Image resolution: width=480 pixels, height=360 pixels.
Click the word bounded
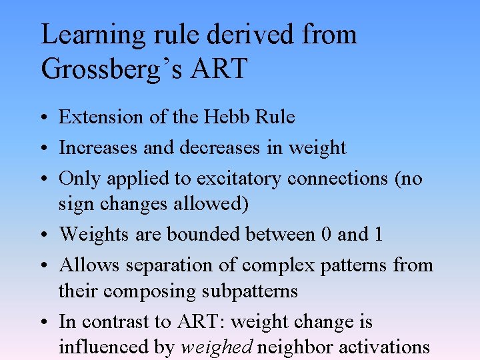tap(204, 235)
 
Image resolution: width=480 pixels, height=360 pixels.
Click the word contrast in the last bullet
tap(115, 322)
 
